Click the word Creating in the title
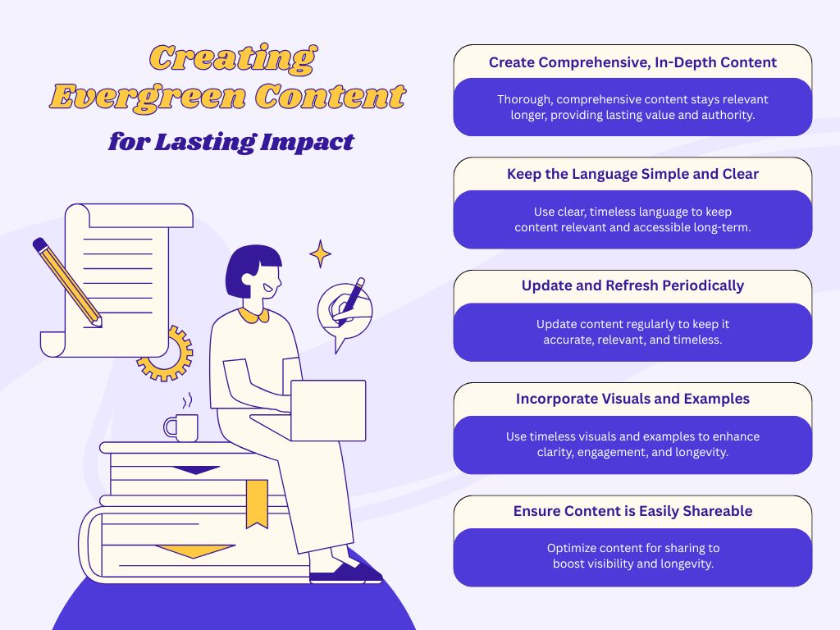[233, 58]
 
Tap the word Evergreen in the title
[148, 97]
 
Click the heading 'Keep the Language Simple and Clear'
[632, 174]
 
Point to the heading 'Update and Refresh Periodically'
[632, 285]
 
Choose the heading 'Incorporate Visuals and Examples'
[632, 399]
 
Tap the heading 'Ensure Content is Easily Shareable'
[632, 511]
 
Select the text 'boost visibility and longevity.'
[632, 564]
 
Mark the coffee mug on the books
[181, 427]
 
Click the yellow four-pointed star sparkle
[321, 254]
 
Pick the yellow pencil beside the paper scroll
[67, 282]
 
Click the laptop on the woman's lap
[328, 410]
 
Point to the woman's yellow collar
[253, 315]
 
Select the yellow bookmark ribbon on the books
[257, 504]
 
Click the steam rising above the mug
[187, 400]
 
